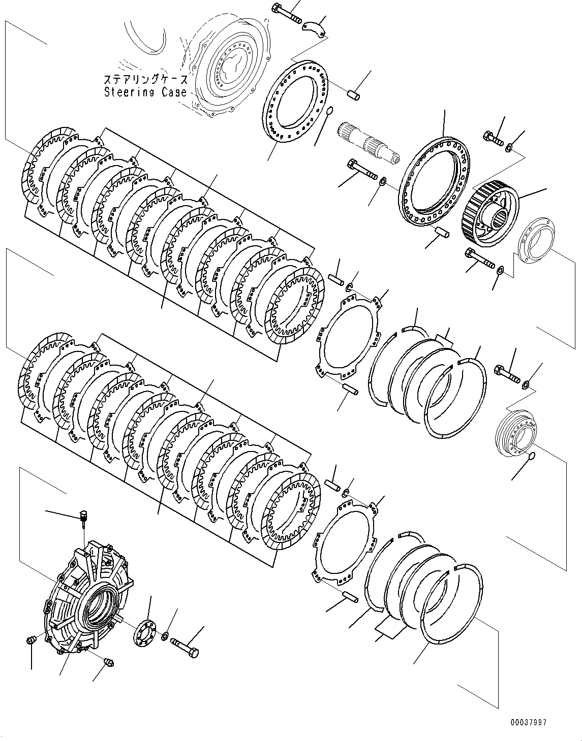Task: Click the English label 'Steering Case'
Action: point(145,92)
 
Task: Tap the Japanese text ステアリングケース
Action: point(145,80)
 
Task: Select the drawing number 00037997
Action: point(529,722)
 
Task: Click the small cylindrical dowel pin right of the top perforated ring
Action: point(353,94)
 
